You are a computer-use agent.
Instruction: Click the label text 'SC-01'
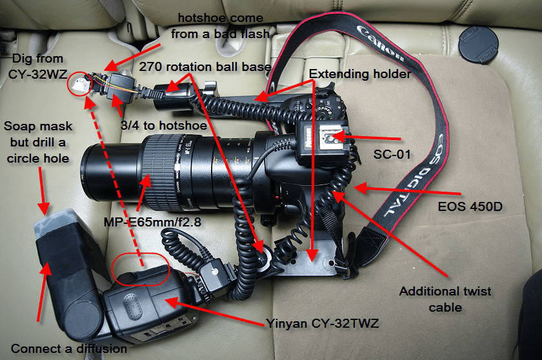point(392,154)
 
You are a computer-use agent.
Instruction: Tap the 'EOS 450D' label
point(470,206)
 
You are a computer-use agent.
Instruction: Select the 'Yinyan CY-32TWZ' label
point(322,323)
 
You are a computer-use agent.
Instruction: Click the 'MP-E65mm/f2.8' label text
point(152,222)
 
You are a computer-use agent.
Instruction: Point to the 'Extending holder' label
point(360,74)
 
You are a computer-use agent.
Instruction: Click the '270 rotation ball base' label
point(205,66)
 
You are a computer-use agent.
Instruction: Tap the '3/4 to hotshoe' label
point(163,125)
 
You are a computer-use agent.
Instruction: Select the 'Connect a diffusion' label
point(69,348)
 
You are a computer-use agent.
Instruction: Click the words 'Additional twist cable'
point(445,299)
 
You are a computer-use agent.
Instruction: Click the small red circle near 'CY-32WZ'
point(79,84)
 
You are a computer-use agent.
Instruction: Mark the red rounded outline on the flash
point(141,270)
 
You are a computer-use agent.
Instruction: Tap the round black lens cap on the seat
point(478,45)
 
